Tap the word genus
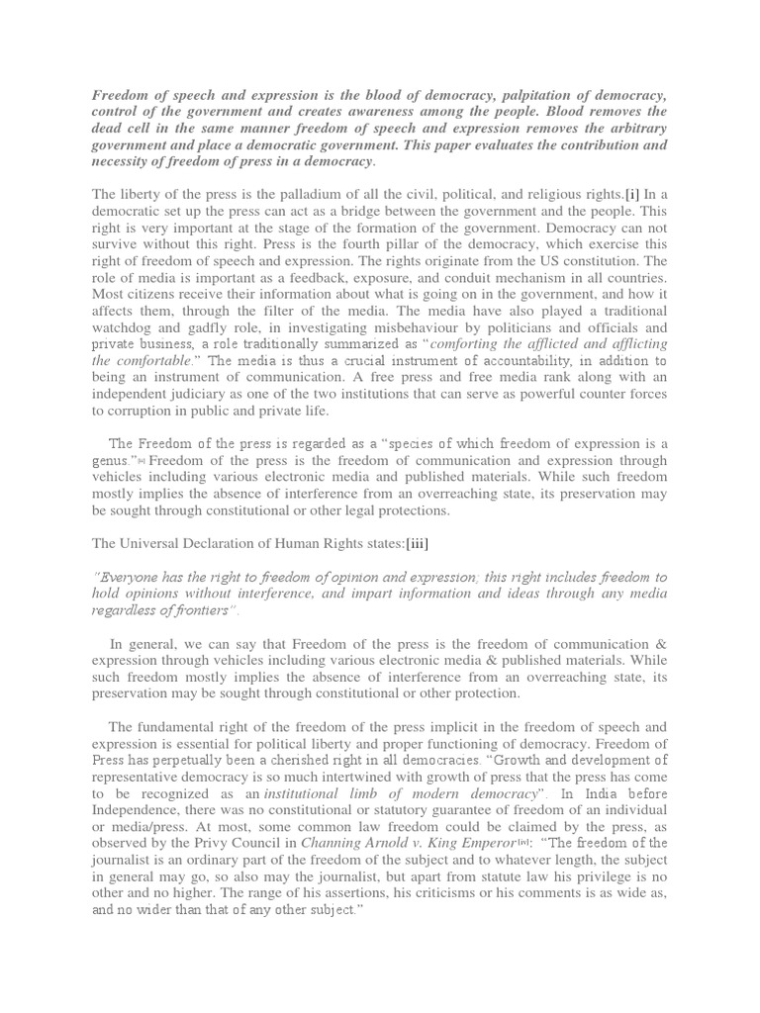coord(111,462)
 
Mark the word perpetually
coord(210,743)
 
